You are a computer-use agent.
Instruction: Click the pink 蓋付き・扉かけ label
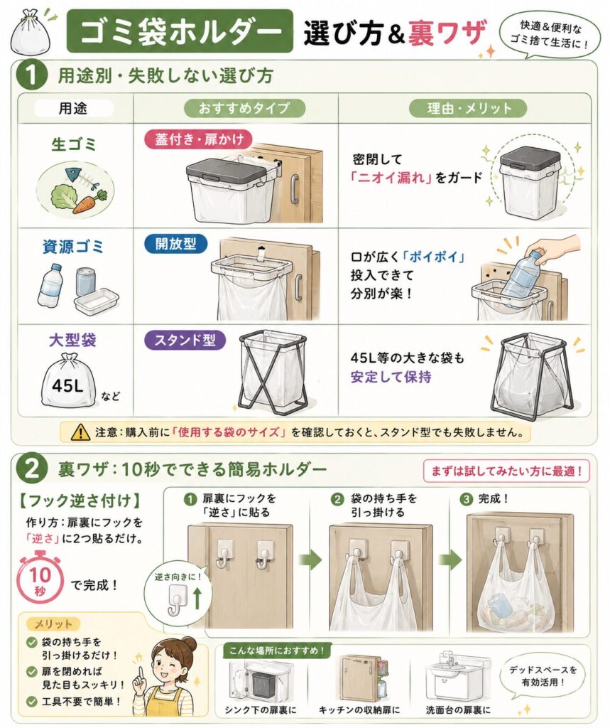click(x=200, y=139)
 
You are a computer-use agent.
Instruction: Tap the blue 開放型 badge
click(x=175, y=244)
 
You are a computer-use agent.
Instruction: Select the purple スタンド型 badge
click(x=185, y=340)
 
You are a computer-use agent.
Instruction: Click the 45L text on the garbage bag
click(x=67, y=385)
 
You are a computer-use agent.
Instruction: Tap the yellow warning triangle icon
click(x=81, y=432)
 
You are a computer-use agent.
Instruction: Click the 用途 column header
click(x=73, y=109)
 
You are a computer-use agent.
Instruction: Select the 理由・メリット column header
click(x=469, y=109)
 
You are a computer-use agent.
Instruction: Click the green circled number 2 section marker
click(x=31, y=469)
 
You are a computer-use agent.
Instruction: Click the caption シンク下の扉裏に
click(x=260, y=710)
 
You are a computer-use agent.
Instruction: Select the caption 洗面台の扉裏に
click(x=458, y=710)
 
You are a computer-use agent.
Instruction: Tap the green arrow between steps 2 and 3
click(x=450, y=560)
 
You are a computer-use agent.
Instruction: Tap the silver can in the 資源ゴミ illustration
click(x=85, y=282)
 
